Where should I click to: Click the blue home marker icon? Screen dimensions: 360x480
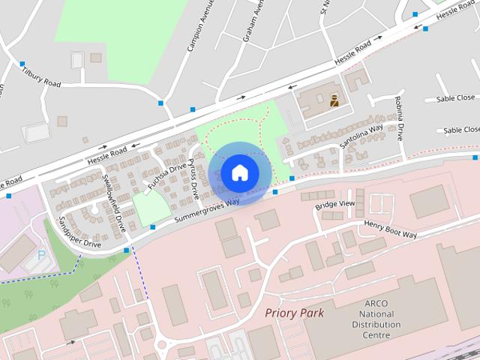[x=239, y=172]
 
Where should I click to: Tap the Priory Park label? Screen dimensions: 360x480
[x=294, y=312]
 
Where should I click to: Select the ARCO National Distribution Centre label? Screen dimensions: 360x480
[x=372, y=319]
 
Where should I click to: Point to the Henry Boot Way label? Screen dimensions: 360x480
[x=391, y=229]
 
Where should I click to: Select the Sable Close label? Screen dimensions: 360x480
[x=455, y=98]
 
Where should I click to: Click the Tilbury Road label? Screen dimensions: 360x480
[x=40, y=76]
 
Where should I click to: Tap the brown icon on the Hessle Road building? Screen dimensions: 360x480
[x=334, y=98]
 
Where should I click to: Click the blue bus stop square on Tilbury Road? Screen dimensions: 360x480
[x=22, y=64]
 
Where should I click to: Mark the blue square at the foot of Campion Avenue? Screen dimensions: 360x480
[x=160, y=103]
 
